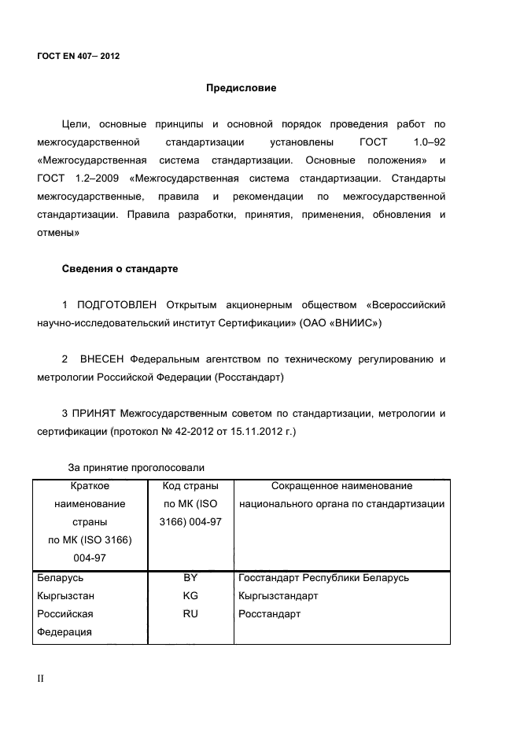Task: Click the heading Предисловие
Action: [x=241, y=88]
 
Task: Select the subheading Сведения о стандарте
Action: [x=120, y=269]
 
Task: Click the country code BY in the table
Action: [x=190, y=578]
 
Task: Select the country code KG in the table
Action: [x=190, y=596]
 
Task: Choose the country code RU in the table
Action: [x=190, y=614]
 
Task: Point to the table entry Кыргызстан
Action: [x=66, y=596]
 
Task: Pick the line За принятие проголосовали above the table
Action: [x=131, y=469]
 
